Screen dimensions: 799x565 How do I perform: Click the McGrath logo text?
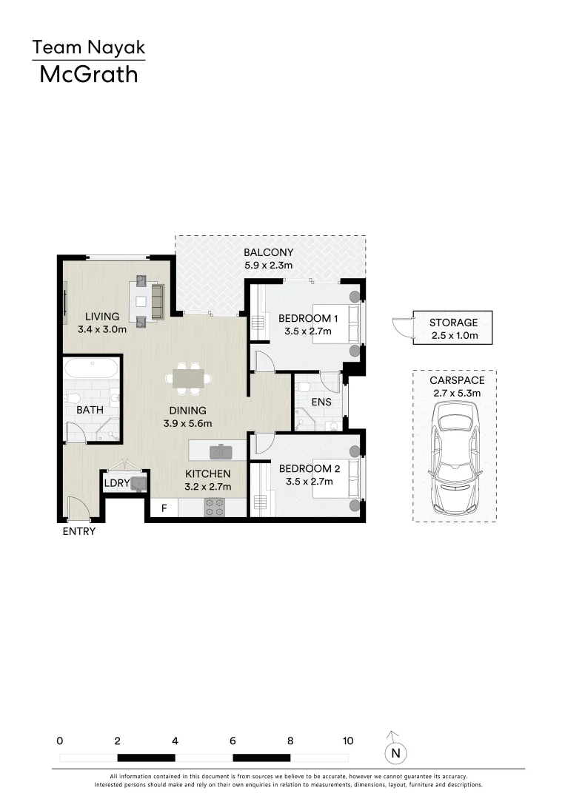[88, 74]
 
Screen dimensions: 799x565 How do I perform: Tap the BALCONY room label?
[269, 252]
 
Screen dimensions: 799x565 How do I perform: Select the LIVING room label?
[101, 317]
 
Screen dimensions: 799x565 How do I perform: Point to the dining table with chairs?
[188, 377]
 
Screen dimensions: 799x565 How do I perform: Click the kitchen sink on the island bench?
[220, 451]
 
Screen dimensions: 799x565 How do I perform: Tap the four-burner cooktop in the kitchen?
[215, 507]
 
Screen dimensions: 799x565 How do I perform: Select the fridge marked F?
[164, 509]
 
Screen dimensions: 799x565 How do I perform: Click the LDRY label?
[117, 484]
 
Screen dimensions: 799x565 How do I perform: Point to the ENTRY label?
[79, 531]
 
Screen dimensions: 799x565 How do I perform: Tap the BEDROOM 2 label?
[310, 468]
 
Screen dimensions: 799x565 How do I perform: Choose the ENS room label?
[321, 402]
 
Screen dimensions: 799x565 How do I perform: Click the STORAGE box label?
[454, 323]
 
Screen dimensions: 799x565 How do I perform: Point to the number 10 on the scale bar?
[348, 741]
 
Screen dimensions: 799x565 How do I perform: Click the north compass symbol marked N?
[396, 752]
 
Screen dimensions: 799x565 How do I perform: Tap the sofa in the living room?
[157, 299]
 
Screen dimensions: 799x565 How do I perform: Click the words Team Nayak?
[88, 49]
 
